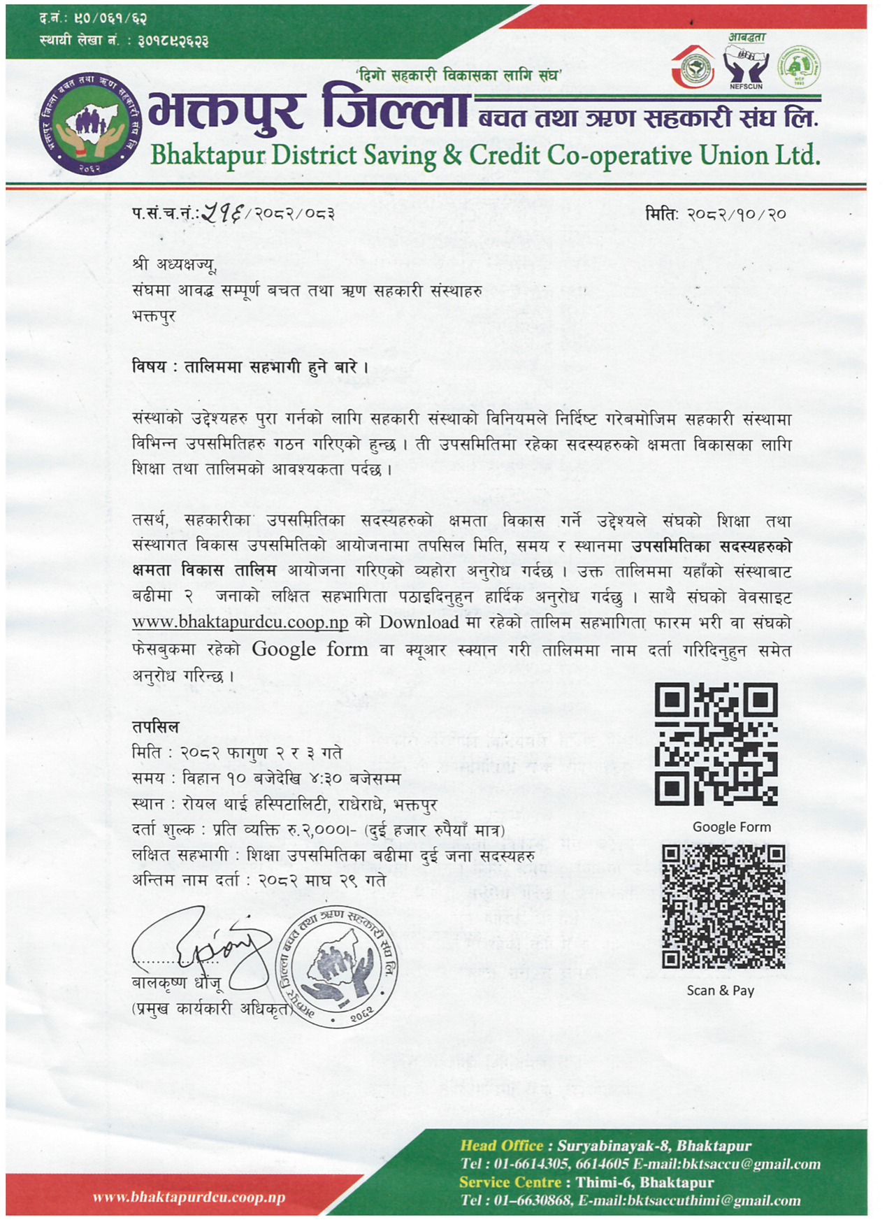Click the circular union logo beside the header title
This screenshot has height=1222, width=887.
pos(90,122)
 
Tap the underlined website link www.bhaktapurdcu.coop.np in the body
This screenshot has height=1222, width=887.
pos(240,622)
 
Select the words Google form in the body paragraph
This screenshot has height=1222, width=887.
pos(310,649)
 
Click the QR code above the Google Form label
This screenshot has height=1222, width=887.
pos(716,744)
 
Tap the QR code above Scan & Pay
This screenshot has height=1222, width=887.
pos(723,906)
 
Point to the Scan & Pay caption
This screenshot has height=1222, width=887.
pos(720,990)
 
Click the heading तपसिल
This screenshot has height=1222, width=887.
pos(155,727)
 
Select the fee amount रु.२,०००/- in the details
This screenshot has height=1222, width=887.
pos(318,830)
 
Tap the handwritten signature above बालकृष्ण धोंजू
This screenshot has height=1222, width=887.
pos(203,944)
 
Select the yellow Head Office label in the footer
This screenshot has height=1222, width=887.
pos(501,1146)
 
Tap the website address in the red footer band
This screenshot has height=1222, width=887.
pos(189,1198)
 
